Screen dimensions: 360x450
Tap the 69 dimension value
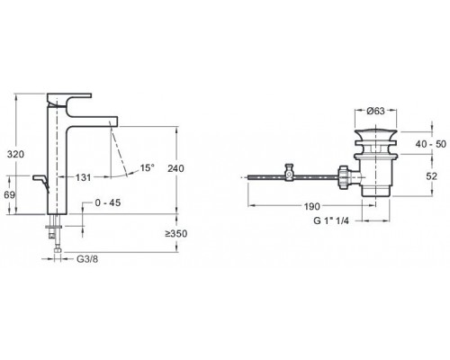point(11,194)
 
